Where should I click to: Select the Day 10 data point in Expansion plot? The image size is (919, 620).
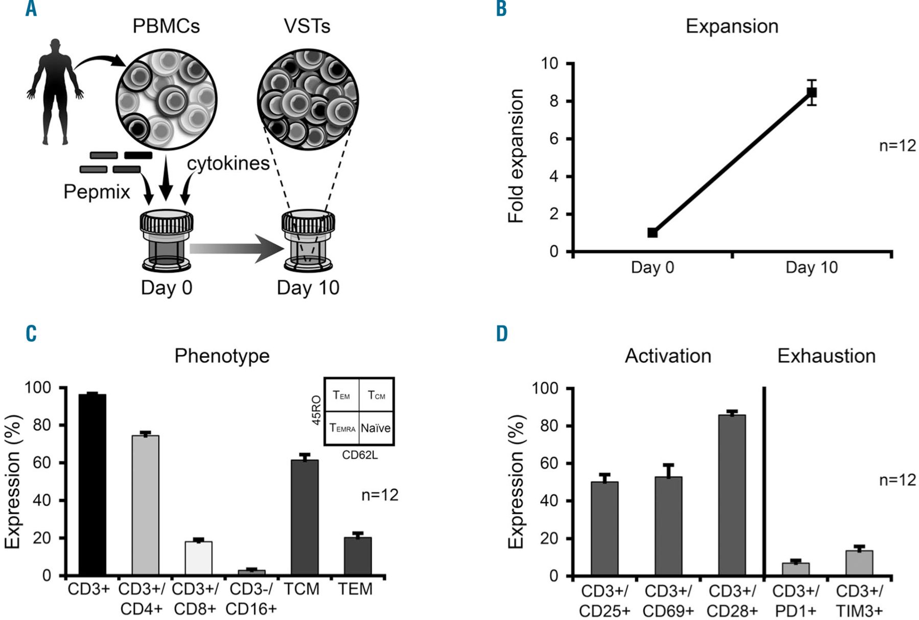point(811,92)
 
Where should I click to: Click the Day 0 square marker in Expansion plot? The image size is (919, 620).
point(652,233)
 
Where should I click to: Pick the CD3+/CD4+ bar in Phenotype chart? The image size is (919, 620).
point(146,505)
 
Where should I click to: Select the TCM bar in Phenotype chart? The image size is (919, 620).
point(305,517)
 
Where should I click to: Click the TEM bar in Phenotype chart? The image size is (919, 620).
point(357,556)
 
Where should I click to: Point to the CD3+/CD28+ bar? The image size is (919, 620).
point(732,495)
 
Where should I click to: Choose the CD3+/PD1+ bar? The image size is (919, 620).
point(795,569)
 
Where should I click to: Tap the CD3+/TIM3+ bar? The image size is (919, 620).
point(859,563)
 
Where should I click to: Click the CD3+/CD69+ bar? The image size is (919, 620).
point(668,526)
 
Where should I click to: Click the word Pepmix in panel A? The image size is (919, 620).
point(96,192)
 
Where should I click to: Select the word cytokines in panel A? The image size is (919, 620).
point(228,164)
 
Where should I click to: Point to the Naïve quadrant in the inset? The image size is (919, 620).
point(376,428)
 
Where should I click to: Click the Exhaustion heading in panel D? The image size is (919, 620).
point(826,356)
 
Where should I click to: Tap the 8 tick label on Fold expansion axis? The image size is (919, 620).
point(554,101)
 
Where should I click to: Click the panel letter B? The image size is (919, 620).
point(501,9)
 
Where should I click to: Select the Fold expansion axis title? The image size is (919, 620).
point(516,156)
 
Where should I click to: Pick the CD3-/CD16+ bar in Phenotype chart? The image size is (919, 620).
point(252,573)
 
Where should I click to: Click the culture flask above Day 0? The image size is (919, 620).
point(166,240)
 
